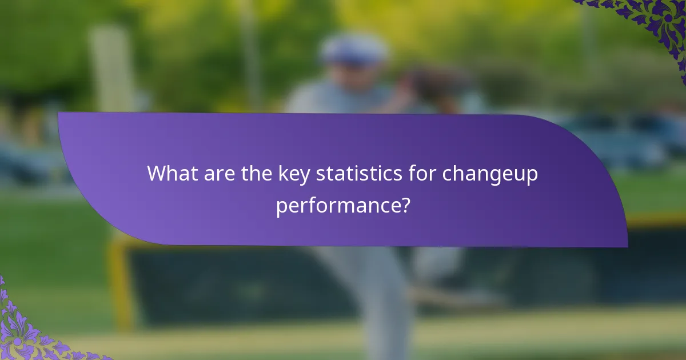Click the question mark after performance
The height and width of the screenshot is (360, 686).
[405, 205]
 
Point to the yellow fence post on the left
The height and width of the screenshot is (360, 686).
[121, 286]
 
